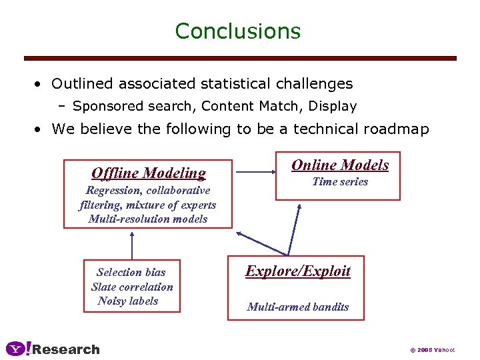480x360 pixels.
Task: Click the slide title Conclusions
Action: pyautogui.click(x=238, y=31)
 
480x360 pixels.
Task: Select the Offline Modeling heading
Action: pyautogui.click(x=148, y=173)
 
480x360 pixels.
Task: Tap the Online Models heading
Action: pyautogui.click(x=340, y=165)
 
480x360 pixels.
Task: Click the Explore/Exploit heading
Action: pyautogui.click(x=298, y=271)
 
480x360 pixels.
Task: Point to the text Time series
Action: pyautogui.click(x=340, y=181)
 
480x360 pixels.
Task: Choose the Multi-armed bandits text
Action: pyautogui.click(x=297, y=307)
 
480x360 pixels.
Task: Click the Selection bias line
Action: pyautogui.click(x=131, y=272)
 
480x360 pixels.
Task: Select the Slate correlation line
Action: pyautogui.click(x=132, y=287)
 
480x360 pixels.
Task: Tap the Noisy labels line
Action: pyautogui.click(x=128, y=301)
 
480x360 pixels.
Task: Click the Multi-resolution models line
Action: pyautogui.click(x=148, y=219)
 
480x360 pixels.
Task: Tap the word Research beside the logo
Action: pyautogui.click(x=66, y=349)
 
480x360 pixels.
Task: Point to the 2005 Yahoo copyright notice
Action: pyautogui.click(x=433, y=349)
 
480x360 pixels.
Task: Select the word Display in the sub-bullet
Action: pyautogui.click(x=333, y=106)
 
